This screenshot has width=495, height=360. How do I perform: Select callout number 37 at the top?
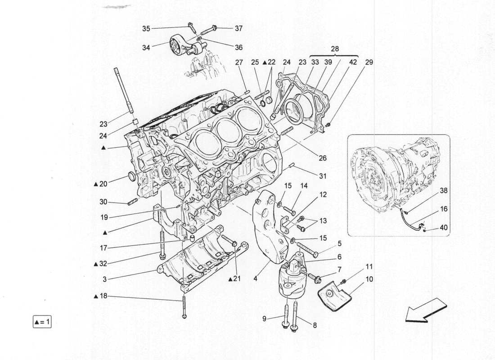[x=238, y=28]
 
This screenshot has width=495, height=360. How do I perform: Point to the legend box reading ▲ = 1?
[x=43, y=322]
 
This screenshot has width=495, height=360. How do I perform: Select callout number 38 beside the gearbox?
[x=444, y=190]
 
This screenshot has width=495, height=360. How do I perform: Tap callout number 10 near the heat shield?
[x=369, y=279]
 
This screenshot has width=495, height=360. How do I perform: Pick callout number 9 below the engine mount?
[x=265, y=319]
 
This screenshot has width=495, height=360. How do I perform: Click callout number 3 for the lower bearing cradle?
[x=104, y=279]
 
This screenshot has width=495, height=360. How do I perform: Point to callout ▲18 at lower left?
[x=101, y=297]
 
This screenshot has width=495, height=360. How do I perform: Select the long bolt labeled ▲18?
[x=184, y=306]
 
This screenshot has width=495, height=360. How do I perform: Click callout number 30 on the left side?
[x=104, y=202]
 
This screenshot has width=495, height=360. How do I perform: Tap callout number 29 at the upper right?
[x=369, y=62]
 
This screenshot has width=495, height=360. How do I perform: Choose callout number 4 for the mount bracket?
[x=255, y=279]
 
